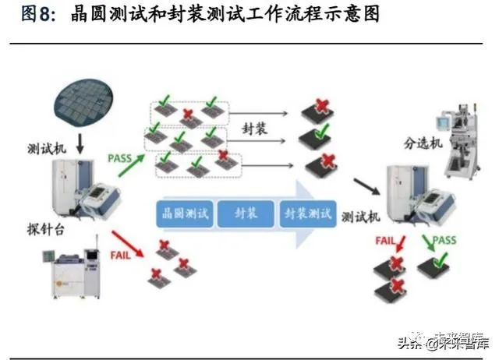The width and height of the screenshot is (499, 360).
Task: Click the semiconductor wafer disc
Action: pyautogui.click(x=83, y=102)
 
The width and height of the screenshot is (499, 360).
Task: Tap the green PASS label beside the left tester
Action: pyautogui.click(x=119, y=158)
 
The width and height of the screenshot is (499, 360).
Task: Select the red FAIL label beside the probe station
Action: pyautogui.click(x=120, y=255)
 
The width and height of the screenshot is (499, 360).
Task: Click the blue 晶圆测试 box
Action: pyautogui.click(x=185, y=214)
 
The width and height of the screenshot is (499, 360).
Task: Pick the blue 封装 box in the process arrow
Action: pyautogui.click(x=246, y=214)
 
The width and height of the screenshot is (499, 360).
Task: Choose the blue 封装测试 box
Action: pyautogui.click(x=308, y=214)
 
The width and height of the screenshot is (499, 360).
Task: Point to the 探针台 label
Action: pyautogui.click(x=46, y=229)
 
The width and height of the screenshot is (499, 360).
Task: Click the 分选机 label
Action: pyautogui.click(x=423, y=143)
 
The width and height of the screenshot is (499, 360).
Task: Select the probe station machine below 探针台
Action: pyautogui.click(x=73, y=267)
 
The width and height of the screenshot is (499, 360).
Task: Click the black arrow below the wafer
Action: pyautogui.click(x=80, y=143)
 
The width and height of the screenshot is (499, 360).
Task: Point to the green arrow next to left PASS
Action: pyautogui.click(x=132, y=165)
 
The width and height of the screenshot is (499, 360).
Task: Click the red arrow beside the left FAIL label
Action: pyautogui.click(x=127, y=244)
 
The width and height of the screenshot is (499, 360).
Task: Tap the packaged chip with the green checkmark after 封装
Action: pyautogui.click(x=315, y=136)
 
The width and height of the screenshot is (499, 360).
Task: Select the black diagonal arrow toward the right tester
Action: pyautogui.click(x=367, y=187)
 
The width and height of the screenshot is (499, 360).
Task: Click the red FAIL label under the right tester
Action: pyautogui.click(x=385, y=241)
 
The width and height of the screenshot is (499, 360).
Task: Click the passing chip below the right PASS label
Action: pyautogui.click(x=434, y=265)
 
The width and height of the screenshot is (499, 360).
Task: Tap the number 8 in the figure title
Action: pyautogui.click(x=44, y=15)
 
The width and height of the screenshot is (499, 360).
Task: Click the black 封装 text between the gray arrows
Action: pyautogui.click(x=254, y=129)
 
